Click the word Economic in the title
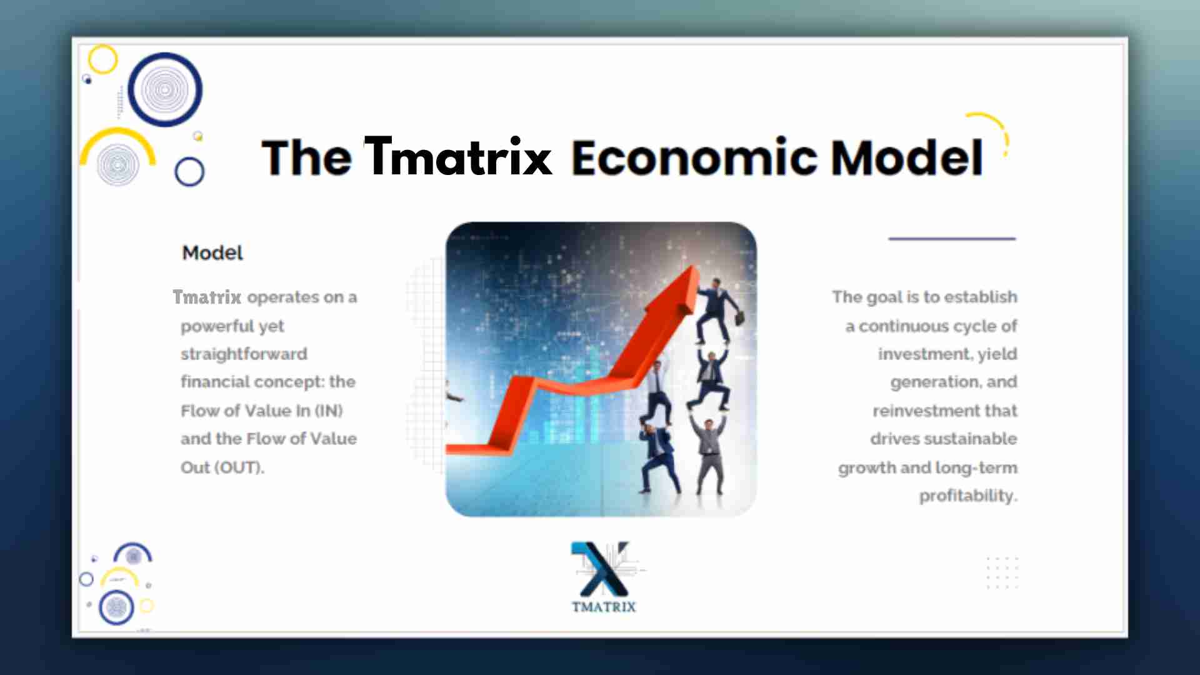pyautogui.click(x=694, y=157)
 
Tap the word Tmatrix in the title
pyautogui.click(x=459, y=156)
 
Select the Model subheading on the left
pyautogui.click(x=212, y=252)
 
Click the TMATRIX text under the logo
pyautogui.click(x=604, y=606)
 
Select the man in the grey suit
pyautogui.click(x=709, y=454)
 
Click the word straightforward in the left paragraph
pyautogui.click(x=244, y=354)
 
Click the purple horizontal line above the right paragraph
pyautogui.click(x=952, y=239)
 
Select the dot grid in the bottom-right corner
pyautogui.click(x=1002, y=572)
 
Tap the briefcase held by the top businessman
pyautogui.click(x=739, y=318)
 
